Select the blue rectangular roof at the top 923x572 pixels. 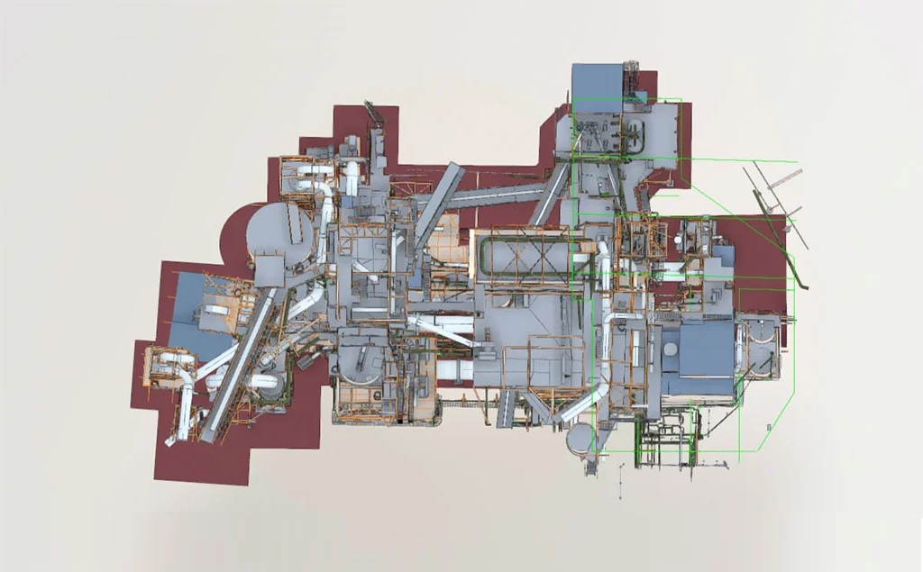click(x=597, y=86)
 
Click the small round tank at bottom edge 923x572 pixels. click(x=579, y=440)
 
